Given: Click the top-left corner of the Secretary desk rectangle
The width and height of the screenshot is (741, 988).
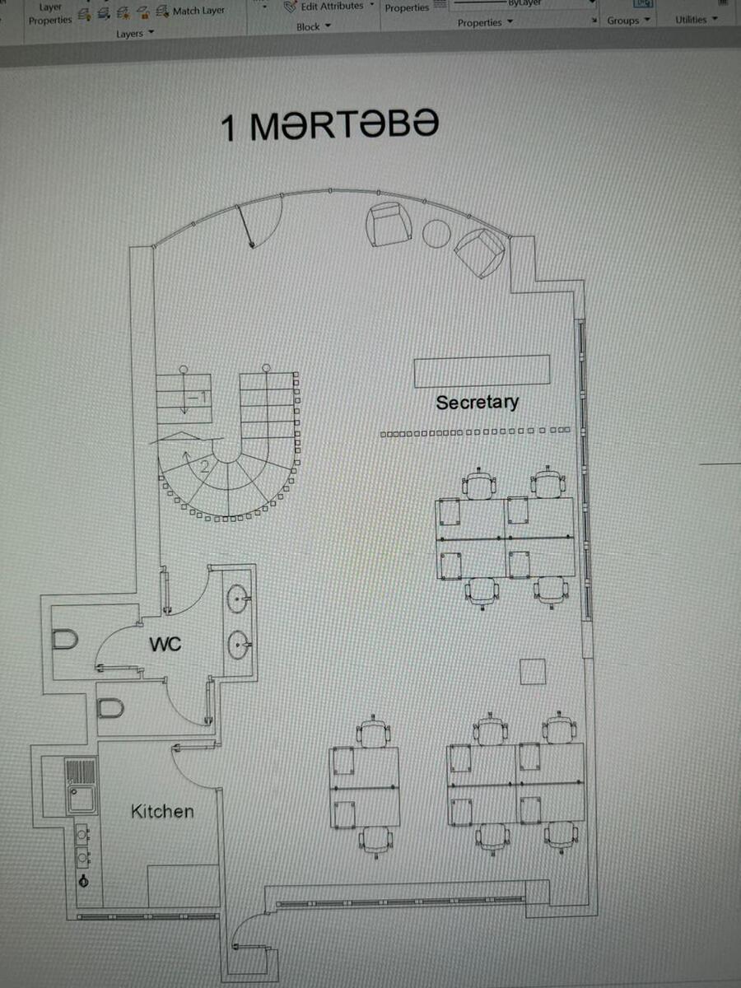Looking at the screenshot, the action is pos(414,360).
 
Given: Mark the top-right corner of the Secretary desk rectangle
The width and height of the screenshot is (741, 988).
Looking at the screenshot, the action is pos(550,356).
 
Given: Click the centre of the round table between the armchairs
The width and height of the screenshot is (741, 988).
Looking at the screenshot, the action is pos(436,234).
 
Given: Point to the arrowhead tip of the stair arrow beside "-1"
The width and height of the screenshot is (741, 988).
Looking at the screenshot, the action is pos(184,413).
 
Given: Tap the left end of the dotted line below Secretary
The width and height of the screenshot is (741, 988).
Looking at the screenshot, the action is pos(380,435).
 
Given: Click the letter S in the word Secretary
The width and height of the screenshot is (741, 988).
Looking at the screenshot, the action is pos(443,403).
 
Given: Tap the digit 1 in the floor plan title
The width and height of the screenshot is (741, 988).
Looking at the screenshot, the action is pos(229,128).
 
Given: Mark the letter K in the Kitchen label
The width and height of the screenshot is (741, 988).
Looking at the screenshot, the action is pos(137,812).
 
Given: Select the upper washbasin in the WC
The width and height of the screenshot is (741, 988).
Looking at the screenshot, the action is pos(238,599).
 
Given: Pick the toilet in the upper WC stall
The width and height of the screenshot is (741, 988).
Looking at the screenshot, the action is pos(66,640).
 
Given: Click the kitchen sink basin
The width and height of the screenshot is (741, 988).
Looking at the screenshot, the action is pos(82,799).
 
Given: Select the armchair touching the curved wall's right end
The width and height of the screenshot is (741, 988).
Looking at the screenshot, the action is pos(480,253).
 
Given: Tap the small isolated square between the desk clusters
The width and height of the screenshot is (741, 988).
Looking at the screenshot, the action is pos(533,672).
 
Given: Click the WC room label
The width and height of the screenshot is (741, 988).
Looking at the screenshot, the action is pos(165,644).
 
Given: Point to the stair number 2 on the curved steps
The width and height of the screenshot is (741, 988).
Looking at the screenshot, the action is pos(204,466).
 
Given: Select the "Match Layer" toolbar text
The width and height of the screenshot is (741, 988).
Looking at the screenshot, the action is pos(198,11).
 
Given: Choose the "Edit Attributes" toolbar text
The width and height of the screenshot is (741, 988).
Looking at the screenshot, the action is pos(332,7).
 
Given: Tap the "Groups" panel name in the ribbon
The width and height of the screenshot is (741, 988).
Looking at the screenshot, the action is pos(623,21).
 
